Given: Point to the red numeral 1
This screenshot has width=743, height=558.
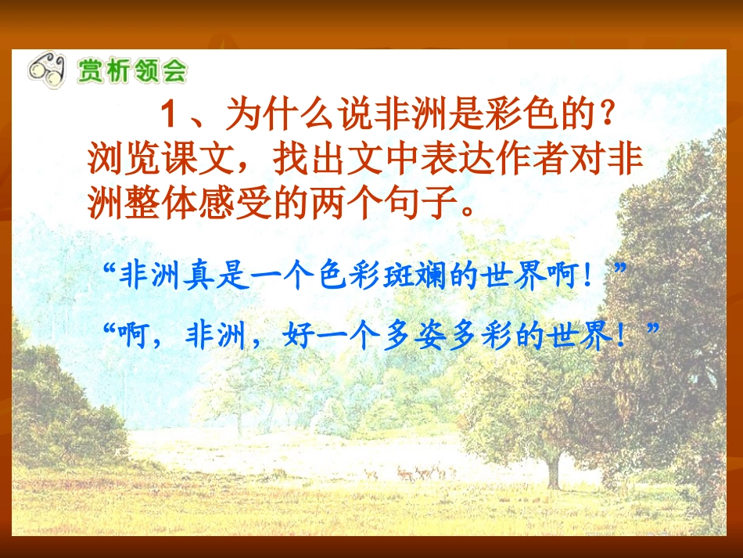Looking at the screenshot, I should (170, 117).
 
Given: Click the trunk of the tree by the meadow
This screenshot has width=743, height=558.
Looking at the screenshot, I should (554, 470).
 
